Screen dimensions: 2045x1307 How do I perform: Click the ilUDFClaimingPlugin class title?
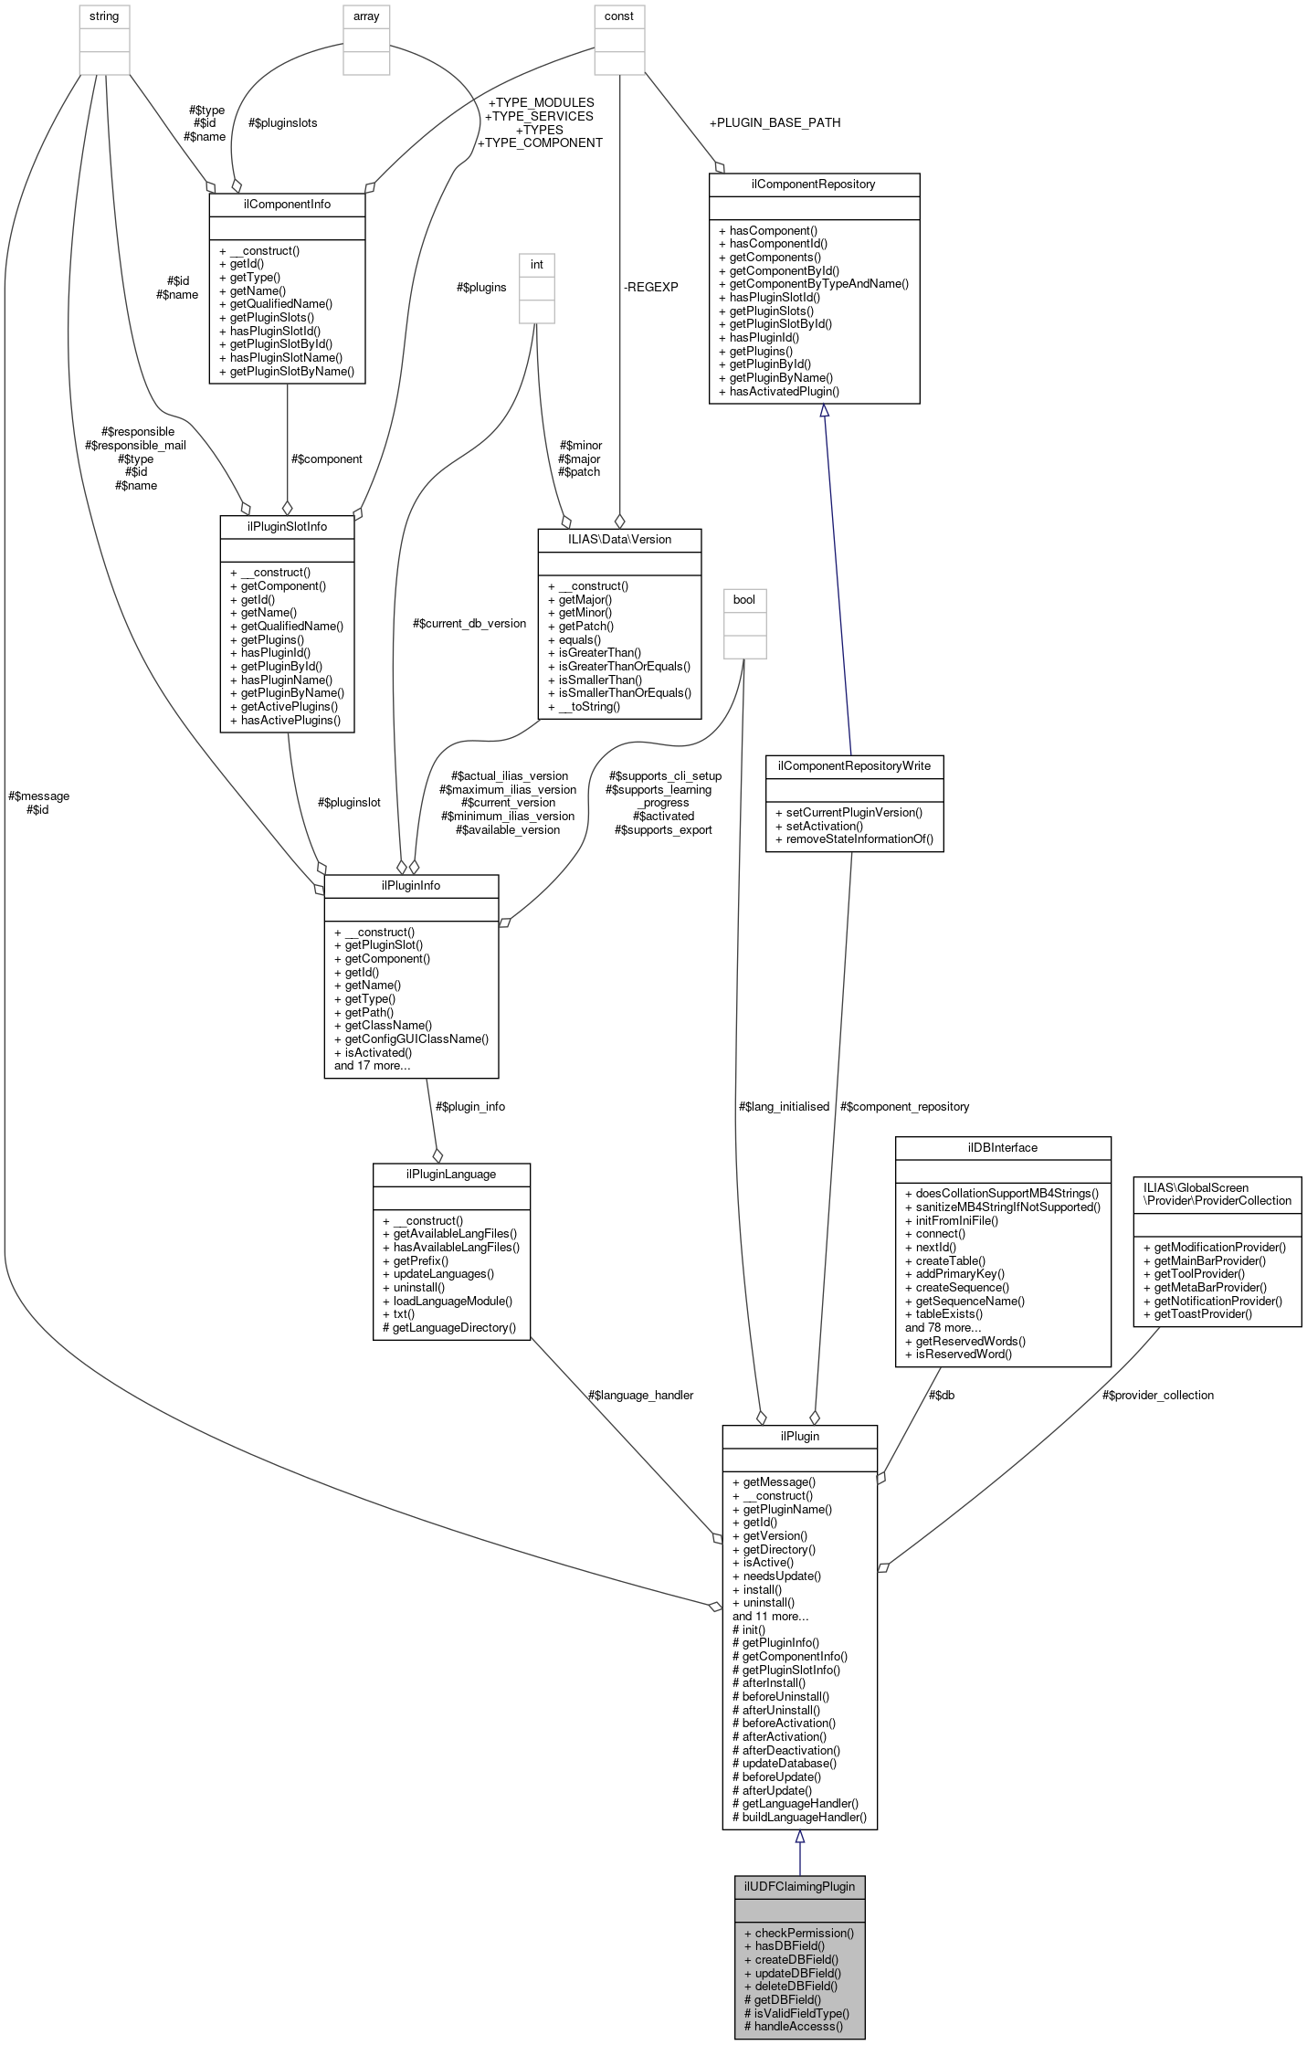(799, 1886)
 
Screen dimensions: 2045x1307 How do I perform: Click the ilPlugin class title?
(799, 1436)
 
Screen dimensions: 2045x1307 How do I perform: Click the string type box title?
(104, 16)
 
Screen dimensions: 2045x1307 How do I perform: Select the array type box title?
(366, 16)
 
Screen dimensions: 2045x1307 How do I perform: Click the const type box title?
(619, 16)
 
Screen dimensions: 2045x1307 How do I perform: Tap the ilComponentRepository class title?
(813, 184)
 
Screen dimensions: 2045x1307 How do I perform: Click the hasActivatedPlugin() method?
(784, 391)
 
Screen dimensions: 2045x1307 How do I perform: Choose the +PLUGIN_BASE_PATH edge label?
(775, 122)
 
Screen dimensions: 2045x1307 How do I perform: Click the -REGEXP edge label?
(651, 287)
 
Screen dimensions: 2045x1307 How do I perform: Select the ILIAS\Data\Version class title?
(619, 539)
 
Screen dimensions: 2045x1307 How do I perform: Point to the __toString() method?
(589, 706)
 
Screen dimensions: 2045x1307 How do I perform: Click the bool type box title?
(744, 600)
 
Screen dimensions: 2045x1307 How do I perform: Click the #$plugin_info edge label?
(470, 1106)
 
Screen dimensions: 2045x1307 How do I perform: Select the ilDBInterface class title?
(1002, 1147)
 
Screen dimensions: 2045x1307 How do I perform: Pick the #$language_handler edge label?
(640, 1395)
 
